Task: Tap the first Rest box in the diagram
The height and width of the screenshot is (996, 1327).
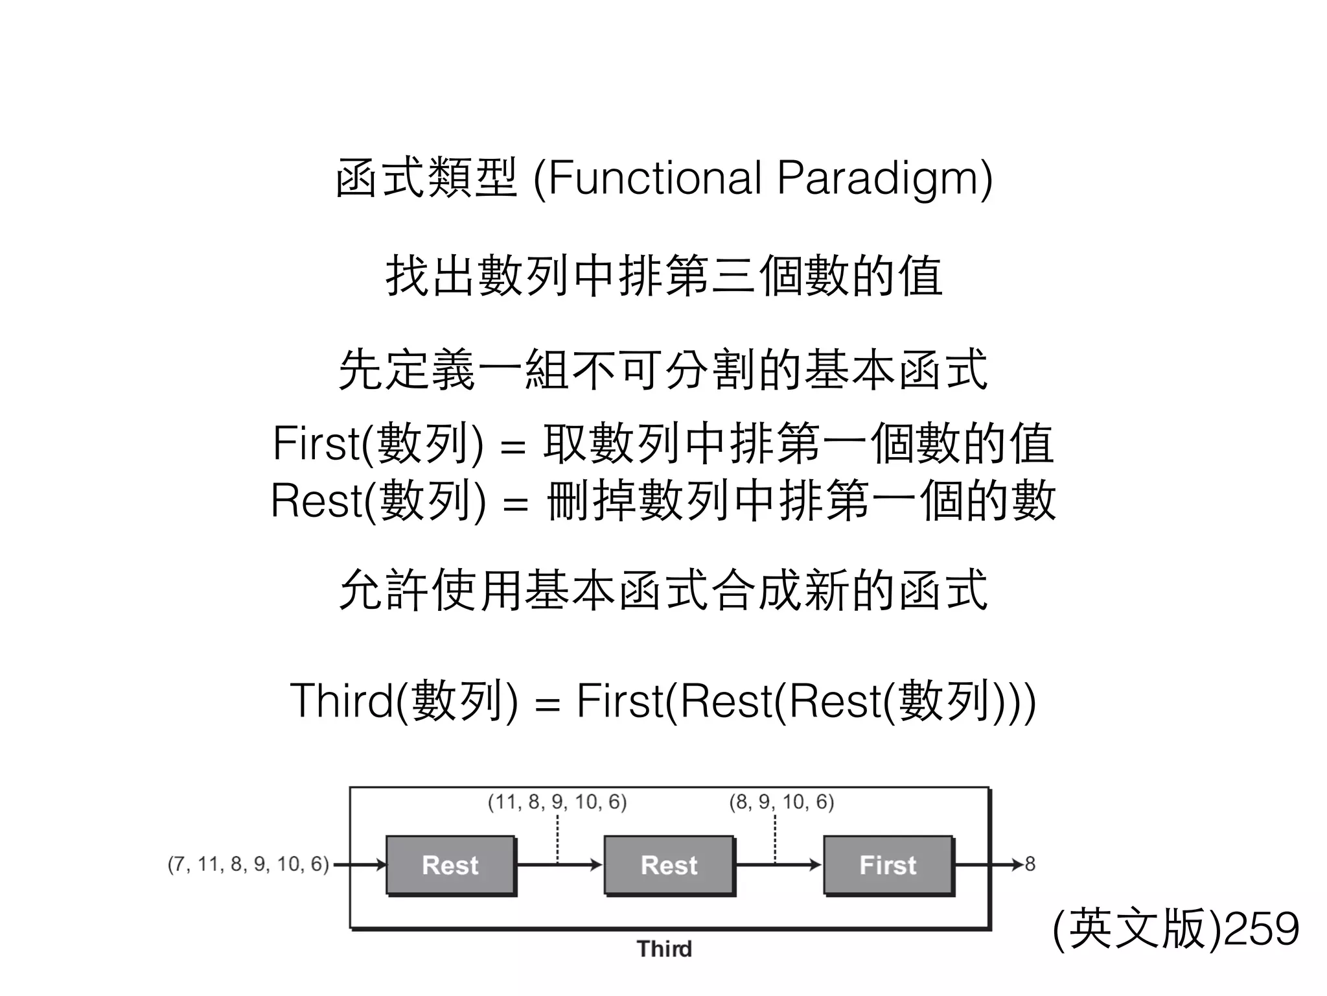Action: [450, 865]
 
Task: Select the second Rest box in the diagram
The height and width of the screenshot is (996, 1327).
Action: [669, 865]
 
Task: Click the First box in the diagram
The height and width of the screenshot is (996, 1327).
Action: [888, 865]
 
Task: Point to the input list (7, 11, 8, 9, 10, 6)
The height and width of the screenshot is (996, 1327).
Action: [248, 864]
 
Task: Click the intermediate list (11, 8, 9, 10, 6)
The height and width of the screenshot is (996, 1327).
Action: [557, 802]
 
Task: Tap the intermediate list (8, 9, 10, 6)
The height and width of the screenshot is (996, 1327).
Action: [781, 802]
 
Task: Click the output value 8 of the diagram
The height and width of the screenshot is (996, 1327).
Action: [1030, 864]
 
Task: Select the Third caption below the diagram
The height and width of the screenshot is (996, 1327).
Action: [664, 949]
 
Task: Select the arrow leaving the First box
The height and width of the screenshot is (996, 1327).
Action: [988, 865]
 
